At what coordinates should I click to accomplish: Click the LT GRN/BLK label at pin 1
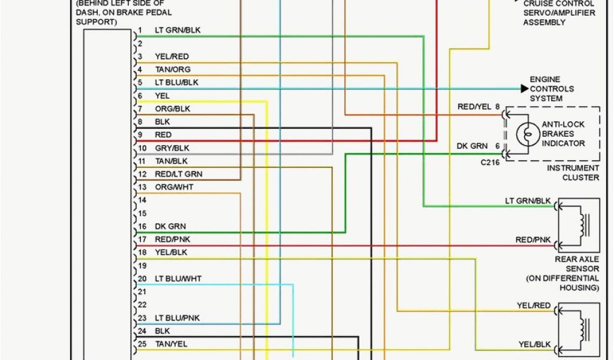pyautogui.click(x=177, y=30)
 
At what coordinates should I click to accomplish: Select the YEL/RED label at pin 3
pyautogui.click(x=172, y=56)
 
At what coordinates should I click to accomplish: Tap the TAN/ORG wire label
pyautogui.click(x=173, y=70)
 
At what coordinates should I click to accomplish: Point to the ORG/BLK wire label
pyautogui.click(x=173, y=109)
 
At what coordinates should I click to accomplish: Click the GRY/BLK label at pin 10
pyautogui.click(x=172, y=148)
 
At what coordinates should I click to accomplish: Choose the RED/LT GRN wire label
pyautogui.click(x=179, y=174)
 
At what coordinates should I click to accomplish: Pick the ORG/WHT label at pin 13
pyautogui.click(x=174, y=187)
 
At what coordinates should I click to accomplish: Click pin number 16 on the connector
pyautogui.click(x=142, y=227)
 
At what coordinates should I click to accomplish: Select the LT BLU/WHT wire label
pyautogui.click(x=178, y=279)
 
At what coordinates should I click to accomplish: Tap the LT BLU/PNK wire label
pyautogui.click(x=177, y=318)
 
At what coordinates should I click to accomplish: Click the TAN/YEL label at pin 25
pyautogui.click(x=171, y=344)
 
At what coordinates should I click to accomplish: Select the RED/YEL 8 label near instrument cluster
pyautogui.click(x=478, y=107)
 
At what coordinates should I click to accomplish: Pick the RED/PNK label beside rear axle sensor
pyautogui.click(x=533, y=240)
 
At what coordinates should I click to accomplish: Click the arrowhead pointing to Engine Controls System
pyautogui.click(x=525, y=89)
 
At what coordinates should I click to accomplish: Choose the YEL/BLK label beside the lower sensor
pyautogui.click(x=534, y=344)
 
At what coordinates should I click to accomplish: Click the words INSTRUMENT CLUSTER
pyautogui.click(x=573, y=173)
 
